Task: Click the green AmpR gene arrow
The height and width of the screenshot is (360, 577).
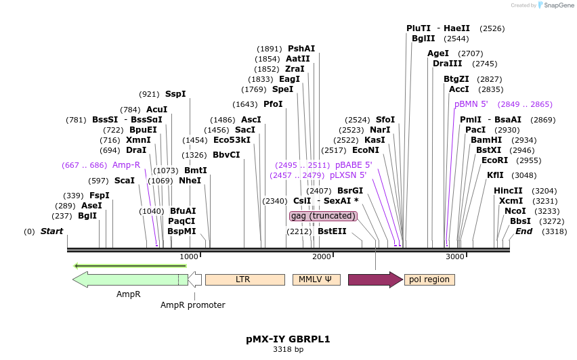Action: point(129,279)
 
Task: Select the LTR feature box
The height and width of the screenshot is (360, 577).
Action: point(244,279)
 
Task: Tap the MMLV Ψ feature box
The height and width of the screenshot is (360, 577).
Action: point(316,279)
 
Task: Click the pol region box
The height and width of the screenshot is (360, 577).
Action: point(429,279)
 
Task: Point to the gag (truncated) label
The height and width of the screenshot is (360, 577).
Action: point(323,216)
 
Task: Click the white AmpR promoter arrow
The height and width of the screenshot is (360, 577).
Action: point(195,279)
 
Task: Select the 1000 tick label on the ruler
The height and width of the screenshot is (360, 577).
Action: point(189,256)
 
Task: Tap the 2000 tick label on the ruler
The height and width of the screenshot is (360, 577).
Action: point(322,256)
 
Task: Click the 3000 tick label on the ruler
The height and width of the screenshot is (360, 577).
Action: point(455,256)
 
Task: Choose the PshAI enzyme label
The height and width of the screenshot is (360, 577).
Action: point(301,49)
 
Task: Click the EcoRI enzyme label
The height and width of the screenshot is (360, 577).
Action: point(494,160)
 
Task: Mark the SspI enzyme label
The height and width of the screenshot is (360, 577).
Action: point(175,94)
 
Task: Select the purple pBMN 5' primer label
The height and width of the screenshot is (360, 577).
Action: point(471,104)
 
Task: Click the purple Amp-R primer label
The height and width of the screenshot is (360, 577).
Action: point(126,165)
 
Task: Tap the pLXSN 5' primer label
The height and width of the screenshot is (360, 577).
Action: point(348,175)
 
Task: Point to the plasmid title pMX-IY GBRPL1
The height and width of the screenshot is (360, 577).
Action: point(288,339)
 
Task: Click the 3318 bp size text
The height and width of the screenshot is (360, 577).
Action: point(288,350)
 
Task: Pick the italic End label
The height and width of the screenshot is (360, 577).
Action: point(523,231)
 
